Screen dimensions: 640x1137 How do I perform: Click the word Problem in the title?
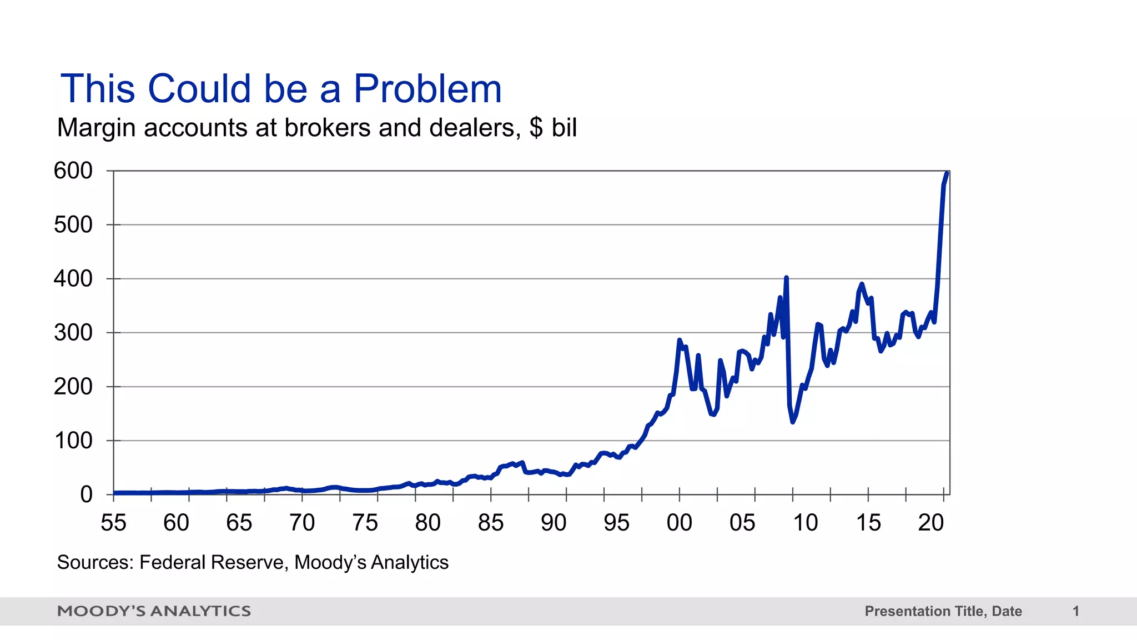pyautogui.click(x=427, y=89)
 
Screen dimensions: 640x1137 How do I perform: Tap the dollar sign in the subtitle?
pyautogui.click(x=536, y=128)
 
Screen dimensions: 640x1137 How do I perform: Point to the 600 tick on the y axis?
pyautogui.click(x=73, y=171)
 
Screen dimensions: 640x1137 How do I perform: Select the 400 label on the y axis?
pyautogui.click(x=73, y=278)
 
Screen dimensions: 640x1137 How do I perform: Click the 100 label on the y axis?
pyautogui.click(x=73, y=441)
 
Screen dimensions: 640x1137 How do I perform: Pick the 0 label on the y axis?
pyautogui.click(x=86, y=494)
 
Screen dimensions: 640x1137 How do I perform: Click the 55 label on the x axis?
pyautogui.click(x=113, y=523)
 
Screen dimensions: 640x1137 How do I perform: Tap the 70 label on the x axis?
pyautogui.click(x=302, y=523)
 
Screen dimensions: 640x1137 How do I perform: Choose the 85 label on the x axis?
pyautogui.click(x=491, y=523)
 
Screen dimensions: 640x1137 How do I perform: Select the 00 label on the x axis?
pyautogui.click(x=680, y=523)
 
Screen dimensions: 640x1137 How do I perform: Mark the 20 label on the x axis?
pyautogui.click(x=931, y=523)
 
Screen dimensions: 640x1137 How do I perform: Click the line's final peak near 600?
pyautogui.click(x=947, y=173)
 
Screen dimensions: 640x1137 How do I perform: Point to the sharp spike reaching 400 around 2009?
pyautogui.click(x=786, y=278)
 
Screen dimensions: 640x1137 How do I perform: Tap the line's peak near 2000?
pyautogui.click(x=680, y=340)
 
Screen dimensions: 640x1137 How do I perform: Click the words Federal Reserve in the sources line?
pyautogui.click(x=213, y=562)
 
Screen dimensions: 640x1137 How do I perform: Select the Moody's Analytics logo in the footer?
pyautogui.click(x=154, y=611)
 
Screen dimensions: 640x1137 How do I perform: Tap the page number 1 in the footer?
pyautogui.click(x=1076, y=611)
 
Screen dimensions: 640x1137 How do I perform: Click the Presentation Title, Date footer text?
pyautogui.click(x=943, y=611)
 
